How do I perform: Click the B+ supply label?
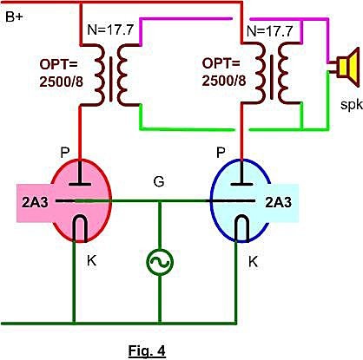tap(14, 17)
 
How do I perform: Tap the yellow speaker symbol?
tap(347, 65)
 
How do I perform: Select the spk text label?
tap(352, 104)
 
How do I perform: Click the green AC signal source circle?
tap(160, 262)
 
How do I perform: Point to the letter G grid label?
tap(159, 182)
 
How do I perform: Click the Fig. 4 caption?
tap(147, 350)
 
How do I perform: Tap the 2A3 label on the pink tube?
tap(35, 203)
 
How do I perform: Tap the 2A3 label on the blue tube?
tap(278, 203)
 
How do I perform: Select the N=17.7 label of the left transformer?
tap(110, 29)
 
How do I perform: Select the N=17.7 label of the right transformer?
tap(269, 30)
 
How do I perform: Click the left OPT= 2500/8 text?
tap(61, 73)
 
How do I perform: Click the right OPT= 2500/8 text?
tap(224, 72)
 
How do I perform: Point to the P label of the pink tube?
tap(65, 153)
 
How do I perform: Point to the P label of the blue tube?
tap(221, 153)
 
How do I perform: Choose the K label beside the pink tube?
tap(91, 261)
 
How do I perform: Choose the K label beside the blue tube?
tap(253, 262)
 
